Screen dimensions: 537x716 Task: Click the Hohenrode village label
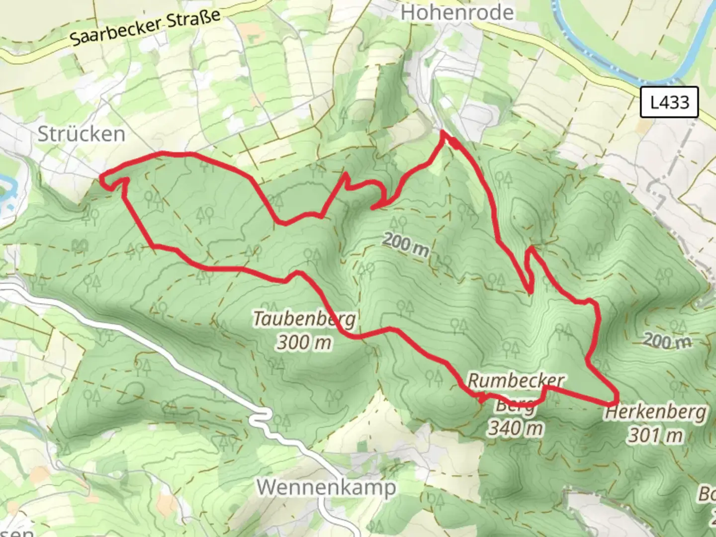[x=457, y=12]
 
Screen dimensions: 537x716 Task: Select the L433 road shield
[x=669, y=102]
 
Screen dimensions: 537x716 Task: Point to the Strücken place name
[x=82, y=134]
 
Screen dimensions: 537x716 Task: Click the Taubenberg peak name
[x=304, y=319]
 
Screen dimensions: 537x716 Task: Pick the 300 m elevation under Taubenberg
[x=304, y=343]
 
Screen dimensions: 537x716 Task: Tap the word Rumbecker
[x=516, y=381]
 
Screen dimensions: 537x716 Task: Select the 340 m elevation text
[x=515, y=428]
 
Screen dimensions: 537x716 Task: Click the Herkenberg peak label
[x=656, y=412]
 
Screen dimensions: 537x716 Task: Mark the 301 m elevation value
[x=655, y=436]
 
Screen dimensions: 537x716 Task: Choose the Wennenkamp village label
[x=326, y=487]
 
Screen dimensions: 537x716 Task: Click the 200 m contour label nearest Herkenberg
[x=668, y=341]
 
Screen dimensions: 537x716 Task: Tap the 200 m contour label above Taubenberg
[x=406, y=245]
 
